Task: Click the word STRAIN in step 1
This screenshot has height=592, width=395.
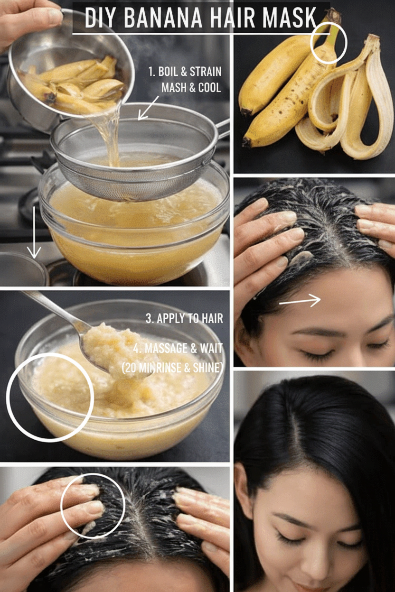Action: point(206,72)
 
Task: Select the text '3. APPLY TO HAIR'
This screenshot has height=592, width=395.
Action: point(184,318)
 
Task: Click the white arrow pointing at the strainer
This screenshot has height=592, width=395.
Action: point(148,108)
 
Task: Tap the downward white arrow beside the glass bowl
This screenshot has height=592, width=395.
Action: point(34,232)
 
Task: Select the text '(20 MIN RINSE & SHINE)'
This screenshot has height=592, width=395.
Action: point(172,368)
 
